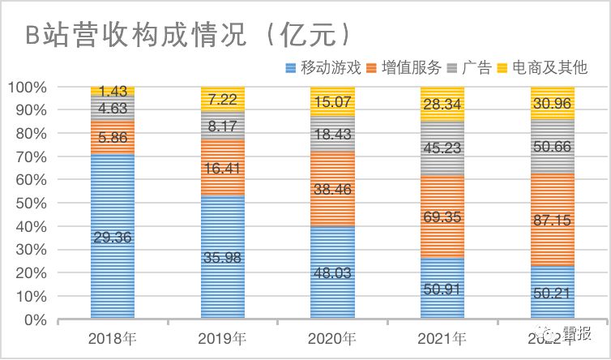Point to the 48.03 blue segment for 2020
332,273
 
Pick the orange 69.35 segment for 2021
442,217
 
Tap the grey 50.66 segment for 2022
553,147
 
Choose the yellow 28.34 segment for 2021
442,103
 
